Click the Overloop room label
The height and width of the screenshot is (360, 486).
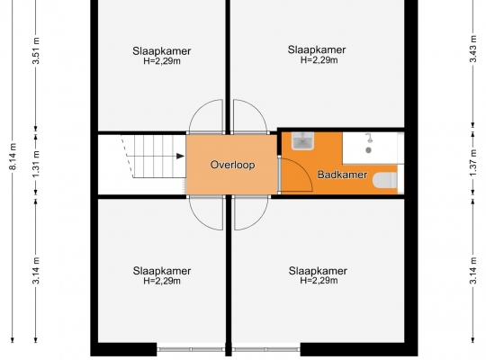pos(232,165)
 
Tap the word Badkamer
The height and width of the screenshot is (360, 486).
pos(342,175)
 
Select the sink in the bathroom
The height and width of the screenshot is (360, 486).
pos(302,140)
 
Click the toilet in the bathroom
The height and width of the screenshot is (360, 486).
pos(385,180)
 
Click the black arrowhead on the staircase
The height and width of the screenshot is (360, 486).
pos(180,156)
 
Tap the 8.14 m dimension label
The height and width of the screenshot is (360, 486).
pos(13,157)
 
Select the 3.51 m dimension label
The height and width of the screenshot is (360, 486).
pos(36,50)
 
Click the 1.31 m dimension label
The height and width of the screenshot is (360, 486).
pos(36,164)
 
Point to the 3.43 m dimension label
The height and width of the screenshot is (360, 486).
pos(473,49)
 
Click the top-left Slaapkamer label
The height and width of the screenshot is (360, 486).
pos(161,51)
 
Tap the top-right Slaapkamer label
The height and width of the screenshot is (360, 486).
pos(317,49)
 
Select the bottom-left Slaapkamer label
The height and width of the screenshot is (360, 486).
pos(162,271)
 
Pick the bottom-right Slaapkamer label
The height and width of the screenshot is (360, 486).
pos(318,271)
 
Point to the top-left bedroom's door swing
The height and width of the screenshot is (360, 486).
pos(198,109)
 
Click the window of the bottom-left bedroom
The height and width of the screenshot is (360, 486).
pos(191,349)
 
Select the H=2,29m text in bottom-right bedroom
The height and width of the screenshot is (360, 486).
pos(319,281)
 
